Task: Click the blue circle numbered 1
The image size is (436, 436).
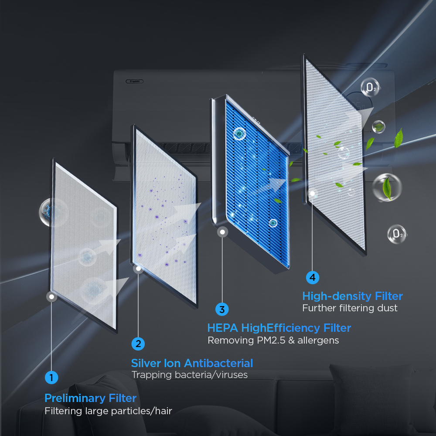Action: (x=51, y=378)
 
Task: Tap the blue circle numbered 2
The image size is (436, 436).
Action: (x=138, y=344)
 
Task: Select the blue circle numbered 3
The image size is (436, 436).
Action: (x=222, y=309)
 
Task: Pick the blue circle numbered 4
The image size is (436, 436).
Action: (x=313, y=277)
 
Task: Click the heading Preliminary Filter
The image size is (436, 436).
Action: (x=90, y=398)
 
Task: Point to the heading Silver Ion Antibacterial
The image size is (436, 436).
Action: (x=192, y=363)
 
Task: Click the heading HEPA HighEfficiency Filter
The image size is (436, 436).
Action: (x=279, y=328)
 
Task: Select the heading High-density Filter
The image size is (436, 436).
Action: (x=352, y=296)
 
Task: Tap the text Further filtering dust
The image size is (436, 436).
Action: (x=350, y=308)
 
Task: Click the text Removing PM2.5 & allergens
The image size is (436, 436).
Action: (x=273, y=341)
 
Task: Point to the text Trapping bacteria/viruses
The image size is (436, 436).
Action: (x=189, y=375)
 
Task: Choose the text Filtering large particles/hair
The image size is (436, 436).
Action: (x=108, y=411)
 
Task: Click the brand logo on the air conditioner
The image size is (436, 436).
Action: (x=135, y=81)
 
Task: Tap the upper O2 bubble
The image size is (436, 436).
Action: (x=370, y=87)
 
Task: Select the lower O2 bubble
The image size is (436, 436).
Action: (x=397, y=234)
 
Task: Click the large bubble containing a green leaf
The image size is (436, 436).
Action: (x=387, y=187)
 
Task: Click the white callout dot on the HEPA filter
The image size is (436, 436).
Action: (x=222, y=232)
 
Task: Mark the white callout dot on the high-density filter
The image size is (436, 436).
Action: (x=313, y=194)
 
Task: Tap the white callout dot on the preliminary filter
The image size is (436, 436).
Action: (x=52, y=296)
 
